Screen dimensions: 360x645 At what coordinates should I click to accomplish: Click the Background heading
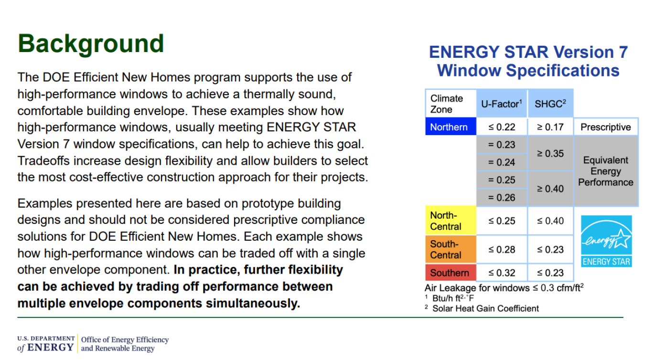[91, 44]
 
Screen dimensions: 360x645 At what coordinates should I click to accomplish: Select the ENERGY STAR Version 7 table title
[528, 61]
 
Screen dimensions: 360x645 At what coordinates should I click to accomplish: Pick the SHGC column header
[550, 104]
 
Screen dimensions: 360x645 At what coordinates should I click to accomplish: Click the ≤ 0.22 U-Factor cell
[502, 127]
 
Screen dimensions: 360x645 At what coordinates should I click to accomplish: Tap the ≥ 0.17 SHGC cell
[550, 127]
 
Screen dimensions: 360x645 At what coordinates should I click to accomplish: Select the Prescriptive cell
[605, 127]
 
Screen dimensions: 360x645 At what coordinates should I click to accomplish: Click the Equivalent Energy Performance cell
[605, 171]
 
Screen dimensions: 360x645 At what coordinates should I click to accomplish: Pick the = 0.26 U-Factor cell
[502, 197]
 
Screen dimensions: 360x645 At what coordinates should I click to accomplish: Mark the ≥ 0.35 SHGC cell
[550, 153]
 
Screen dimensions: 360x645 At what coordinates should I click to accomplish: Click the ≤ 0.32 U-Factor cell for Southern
[502, 273]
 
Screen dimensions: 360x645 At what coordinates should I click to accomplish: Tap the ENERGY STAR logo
[606, 241]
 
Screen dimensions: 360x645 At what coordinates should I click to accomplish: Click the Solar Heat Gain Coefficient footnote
[485, 308]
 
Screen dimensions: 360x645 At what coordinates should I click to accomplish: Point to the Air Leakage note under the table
[504, 288]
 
